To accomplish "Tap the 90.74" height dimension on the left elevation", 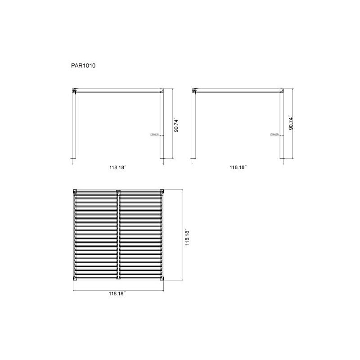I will tap(176, 124).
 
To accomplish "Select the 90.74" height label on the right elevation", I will tap(291, 122).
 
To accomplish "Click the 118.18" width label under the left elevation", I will tap(118, 167).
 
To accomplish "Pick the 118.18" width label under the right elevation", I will tap(237, 167).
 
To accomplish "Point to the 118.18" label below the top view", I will tap(117, 293).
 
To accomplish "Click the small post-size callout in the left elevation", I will tap(155, 134).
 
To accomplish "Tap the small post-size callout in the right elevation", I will tap(274, 134).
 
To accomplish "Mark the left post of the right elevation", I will tap(194, 126).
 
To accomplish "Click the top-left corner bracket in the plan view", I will tap(75, 191).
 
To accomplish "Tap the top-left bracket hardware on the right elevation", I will tap(195, 91).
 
